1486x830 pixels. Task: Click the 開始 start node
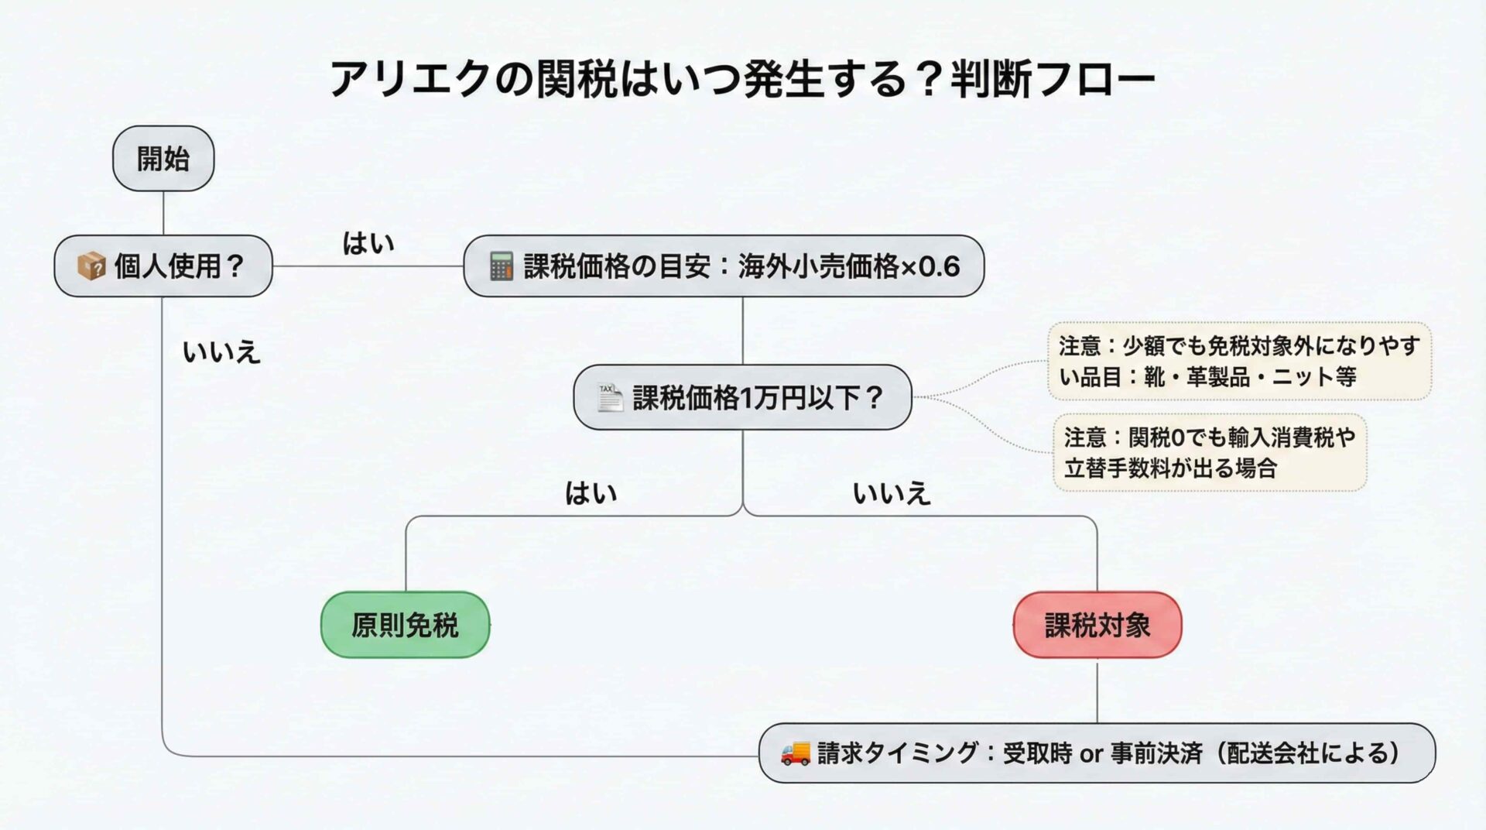(163, 159)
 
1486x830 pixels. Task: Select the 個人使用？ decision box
(163, 266)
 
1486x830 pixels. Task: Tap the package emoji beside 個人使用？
(91, 266)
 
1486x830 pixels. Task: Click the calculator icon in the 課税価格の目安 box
(501, 266)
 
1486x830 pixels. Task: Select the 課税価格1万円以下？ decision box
(742, 397)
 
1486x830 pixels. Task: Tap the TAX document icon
(609, 397)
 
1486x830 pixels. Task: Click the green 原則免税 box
(405, 625)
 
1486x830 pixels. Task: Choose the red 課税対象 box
(1097, 625)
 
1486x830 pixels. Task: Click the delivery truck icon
(795, 753)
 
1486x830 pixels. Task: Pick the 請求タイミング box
(1097, 753)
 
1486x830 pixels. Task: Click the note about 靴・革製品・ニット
(1239, 361)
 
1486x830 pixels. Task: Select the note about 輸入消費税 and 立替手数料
(1210, 453)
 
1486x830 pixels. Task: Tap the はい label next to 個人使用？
(368, 243)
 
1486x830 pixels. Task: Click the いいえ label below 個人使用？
(221, 352)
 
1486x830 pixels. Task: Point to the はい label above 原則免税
(591, 493)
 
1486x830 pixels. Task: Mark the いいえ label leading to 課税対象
(891, 493)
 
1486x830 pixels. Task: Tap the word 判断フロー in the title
(1053, 79)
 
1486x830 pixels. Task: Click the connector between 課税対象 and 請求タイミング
(1097, 691)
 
